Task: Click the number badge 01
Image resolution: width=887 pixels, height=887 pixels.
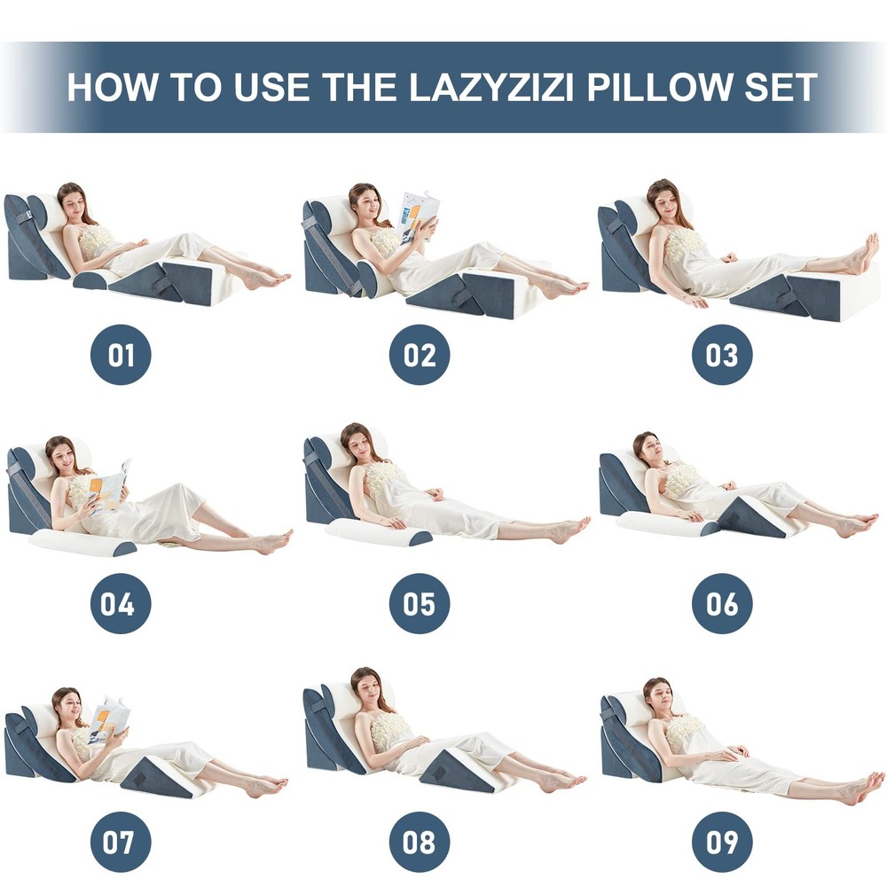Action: point(121,355)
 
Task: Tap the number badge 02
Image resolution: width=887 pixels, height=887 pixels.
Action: point(420,355)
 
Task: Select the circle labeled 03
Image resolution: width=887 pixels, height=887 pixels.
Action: point(722,355)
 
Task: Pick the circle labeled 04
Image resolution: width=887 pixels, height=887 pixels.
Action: point(121,603)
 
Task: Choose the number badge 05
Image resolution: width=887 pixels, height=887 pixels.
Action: point(420,603)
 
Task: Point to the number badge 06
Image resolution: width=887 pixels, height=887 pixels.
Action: point(722,603)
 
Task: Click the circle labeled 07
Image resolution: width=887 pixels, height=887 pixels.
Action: point(121,842)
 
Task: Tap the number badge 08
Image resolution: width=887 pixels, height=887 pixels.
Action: point(420,842)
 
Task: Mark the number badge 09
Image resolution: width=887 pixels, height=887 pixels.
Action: point(722,842)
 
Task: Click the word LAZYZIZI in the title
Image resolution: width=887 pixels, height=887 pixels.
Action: point(491,87)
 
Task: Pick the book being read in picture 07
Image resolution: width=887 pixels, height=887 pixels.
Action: point(108,721)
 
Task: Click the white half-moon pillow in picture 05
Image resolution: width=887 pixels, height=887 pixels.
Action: point(378,533)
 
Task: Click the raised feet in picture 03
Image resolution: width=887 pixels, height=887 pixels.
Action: point(864,255)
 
